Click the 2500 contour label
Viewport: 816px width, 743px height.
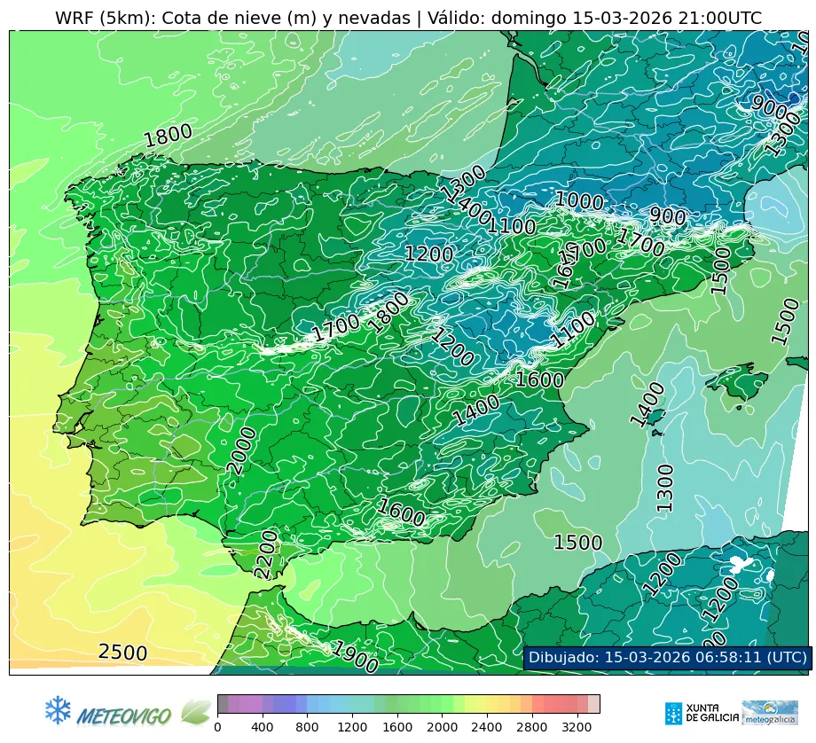click(x=122, y=653)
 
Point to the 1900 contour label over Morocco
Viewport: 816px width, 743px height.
click(x=355, y=657)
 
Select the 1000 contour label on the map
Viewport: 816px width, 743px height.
click(x=578, y=200)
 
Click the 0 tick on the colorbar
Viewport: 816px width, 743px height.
click(x=217, y=727)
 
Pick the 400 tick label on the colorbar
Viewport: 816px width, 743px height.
click(x=263, y=727)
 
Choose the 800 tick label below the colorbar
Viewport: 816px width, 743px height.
click(x=307, y=727)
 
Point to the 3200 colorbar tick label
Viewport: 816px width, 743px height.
click(x=577, y=727)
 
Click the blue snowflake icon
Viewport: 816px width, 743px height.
click(x=58, y=709)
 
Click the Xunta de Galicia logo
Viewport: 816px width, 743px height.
click(x=702, y=712)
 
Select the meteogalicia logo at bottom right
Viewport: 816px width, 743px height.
click(x=770, y=712)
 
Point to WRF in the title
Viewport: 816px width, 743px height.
click(x=74, y=18)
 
